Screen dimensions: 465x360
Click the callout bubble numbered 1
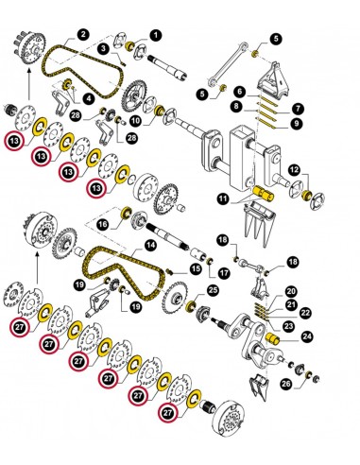coord(154,36)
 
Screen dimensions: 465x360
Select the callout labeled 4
coord(88,98)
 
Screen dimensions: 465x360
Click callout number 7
coord(297,108)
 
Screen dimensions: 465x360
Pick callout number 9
coord(297,123)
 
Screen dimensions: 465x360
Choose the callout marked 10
coord(136,120)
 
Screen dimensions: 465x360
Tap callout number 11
coord(223,199)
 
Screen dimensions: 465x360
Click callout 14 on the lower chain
coord(148,245)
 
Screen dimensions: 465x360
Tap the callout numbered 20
coord(291,291)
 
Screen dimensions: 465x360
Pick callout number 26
coord(285,384)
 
